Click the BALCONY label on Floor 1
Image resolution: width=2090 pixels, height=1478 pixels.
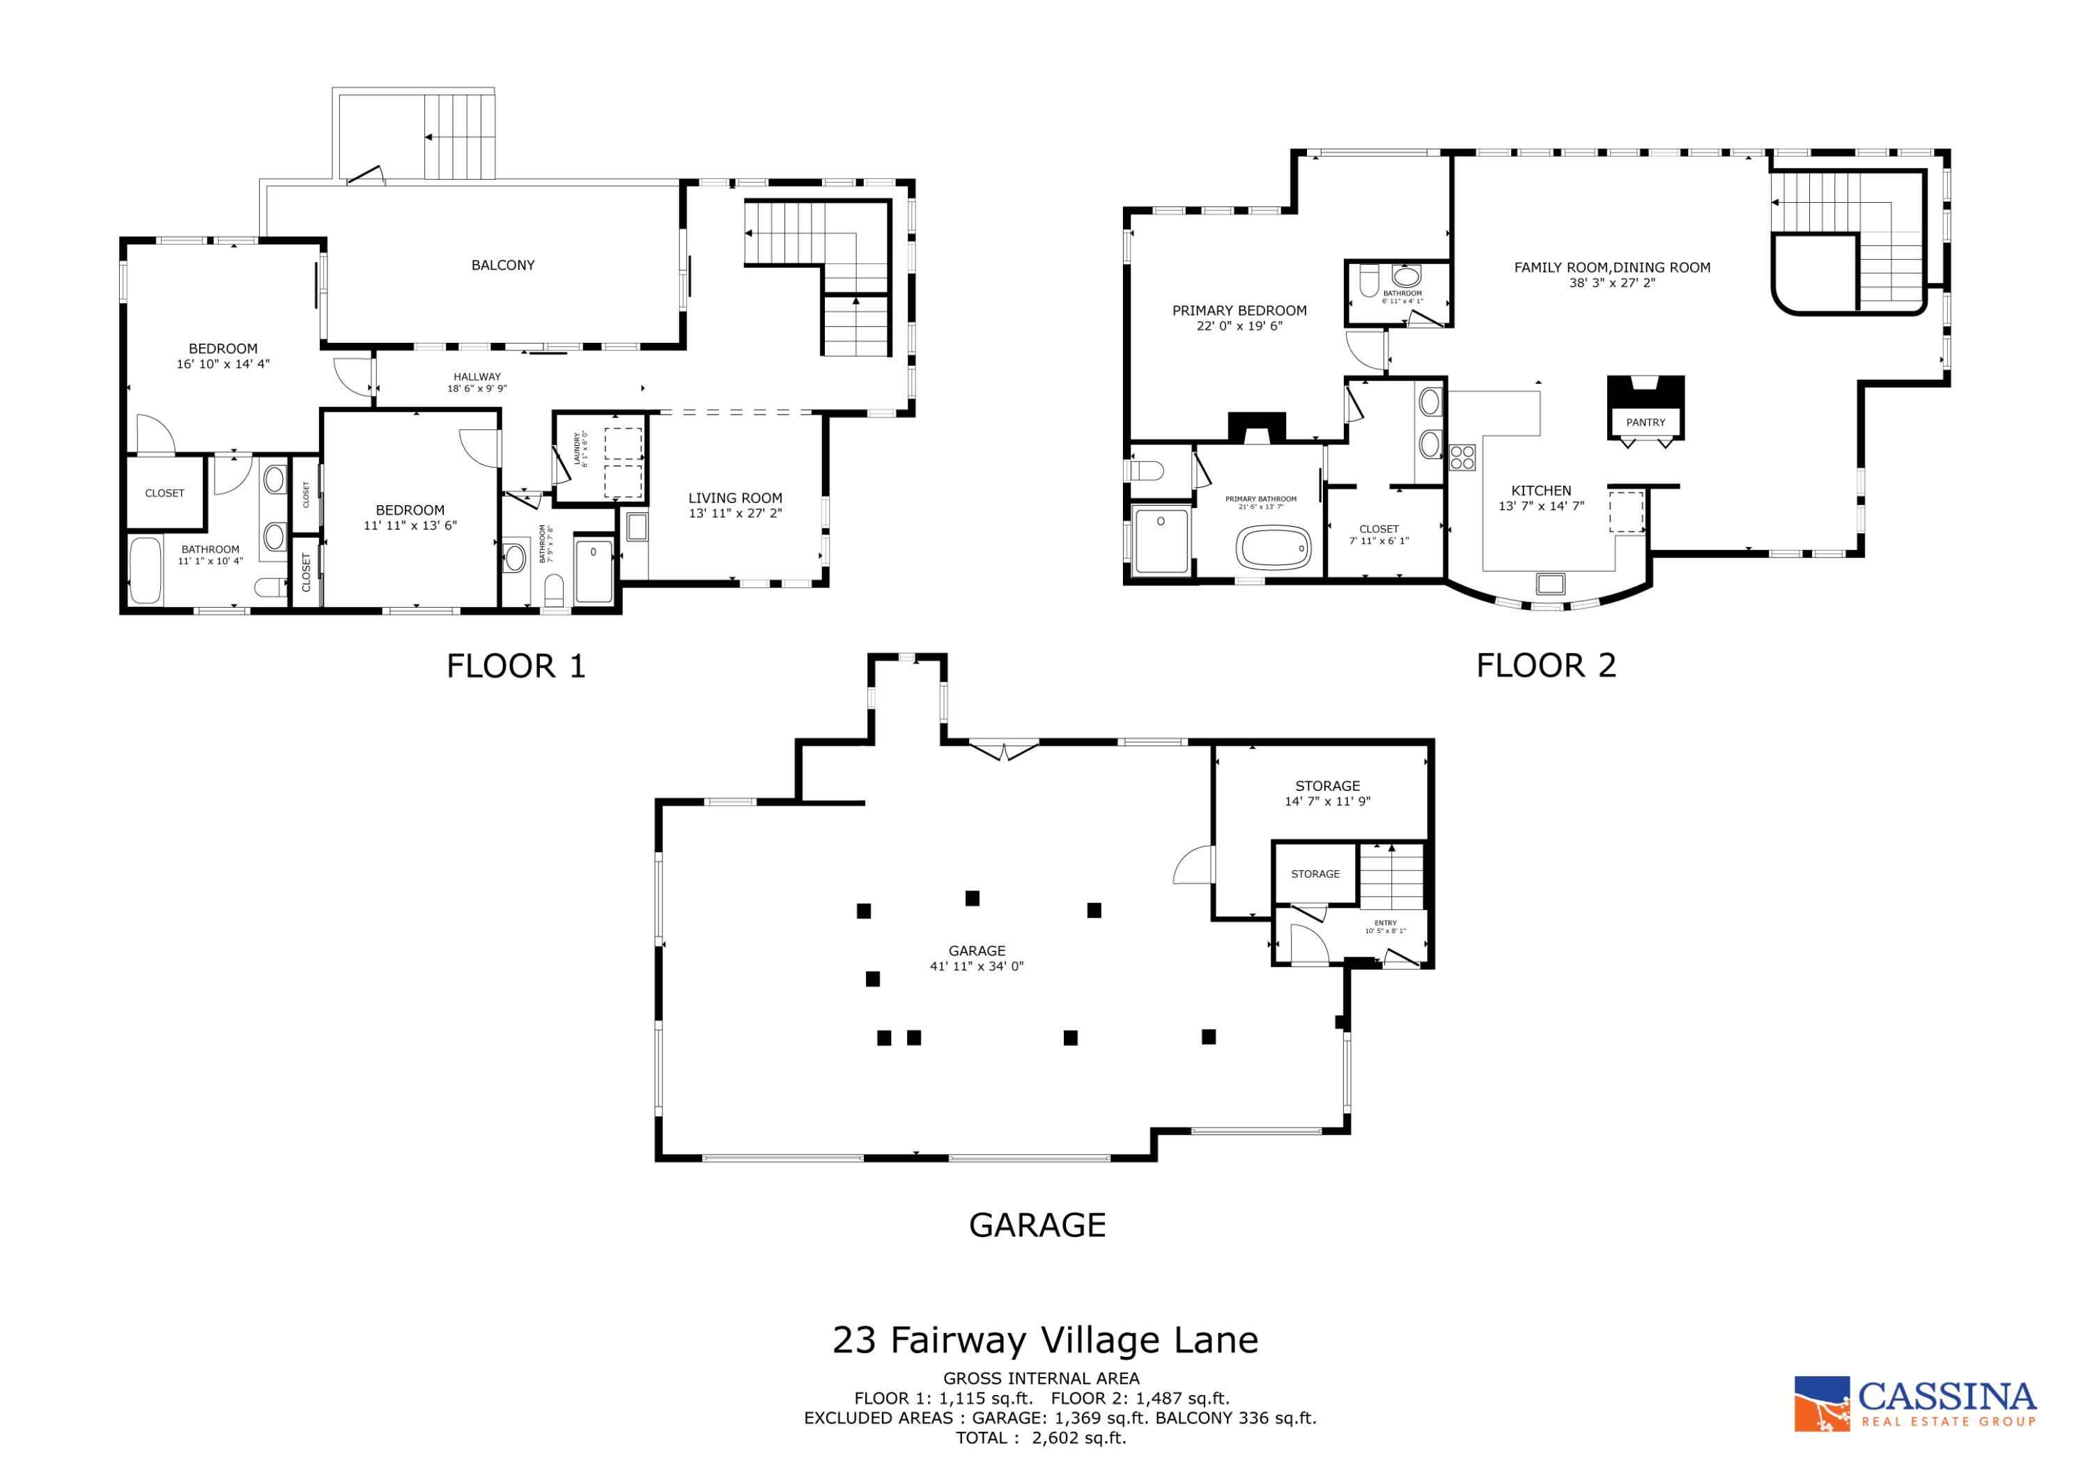502,265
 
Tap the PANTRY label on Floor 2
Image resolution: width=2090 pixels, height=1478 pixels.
1645,422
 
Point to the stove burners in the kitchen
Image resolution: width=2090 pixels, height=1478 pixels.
1462,457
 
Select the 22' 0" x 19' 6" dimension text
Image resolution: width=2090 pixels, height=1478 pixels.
1239,326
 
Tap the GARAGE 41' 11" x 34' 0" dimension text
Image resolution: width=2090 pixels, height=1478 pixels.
976,967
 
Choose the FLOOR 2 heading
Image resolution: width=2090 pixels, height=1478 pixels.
1546,665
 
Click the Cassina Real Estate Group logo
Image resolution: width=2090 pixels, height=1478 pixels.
1914,1403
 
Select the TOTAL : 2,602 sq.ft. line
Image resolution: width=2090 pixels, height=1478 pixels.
1040,1438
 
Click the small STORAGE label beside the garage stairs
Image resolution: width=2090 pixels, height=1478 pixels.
1315,875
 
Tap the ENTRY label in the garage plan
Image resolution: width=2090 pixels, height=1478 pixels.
1384,923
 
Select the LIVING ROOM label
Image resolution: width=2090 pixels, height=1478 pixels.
734,498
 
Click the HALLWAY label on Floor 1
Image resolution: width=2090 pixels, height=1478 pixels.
477,376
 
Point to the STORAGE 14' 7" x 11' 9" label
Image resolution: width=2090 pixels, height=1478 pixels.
1326,793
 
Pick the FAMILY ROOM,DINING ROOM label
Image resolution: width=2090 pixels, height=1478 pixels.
1611,267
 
